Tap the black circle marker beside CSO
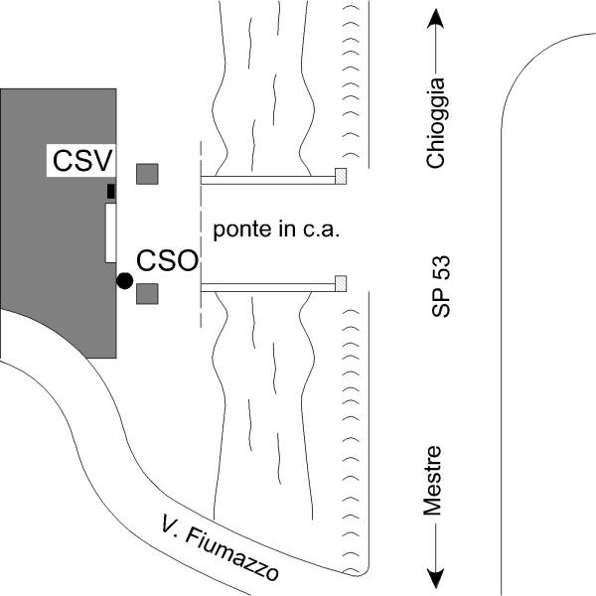click(124, 281)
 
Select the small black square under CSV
click(111, 190)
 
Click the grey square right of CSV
click(147, 174)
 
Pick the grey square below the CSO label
click(147, 294)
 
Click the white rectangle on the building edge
click(110, 231)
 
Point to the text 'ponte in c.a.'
click(277, 229)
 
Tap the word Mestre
click(433, 481)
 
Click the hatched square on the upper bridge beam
click(341, 177)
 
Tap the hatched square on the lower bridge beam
click(341, 283)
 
